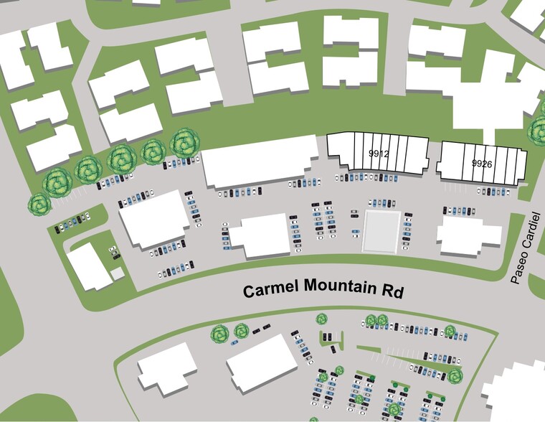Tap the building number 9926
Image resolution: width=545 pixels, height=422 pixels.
[482, 164]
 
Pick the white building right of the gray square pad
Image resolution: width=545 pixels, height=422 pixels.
[470, 235]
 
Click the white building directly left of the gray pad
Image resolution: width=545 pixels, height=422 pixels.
[260, 236]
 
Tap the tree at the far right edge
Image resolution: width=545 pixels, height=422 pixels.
[538, 130]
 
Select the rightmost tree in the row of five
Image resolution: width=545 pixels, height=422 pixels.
[184, 143]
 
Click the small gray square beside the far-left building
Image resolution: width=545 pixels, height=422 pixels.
[117, 273]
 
